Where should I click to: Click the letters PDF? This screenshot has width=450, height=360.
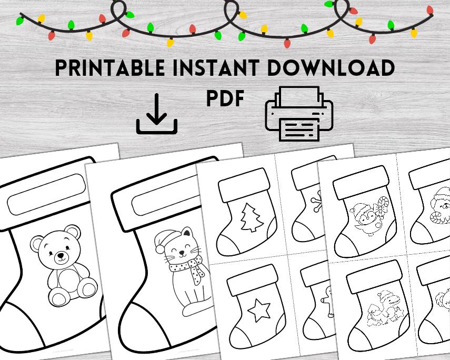[x=225, y=98]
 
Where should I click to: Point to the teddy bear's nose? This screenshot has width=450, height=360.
[x=61, y=255]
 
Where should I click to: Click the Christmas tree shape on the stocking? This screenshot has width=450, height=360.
[x=251, y=218]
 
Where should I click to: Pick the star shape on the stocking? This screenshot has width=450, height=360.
[x=258, y=310]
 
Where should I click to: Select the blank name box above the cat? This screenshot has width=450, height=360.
[x=163, y=199]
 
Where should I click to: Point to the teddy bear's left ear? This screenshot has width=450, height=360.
[x=37, y=243]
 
